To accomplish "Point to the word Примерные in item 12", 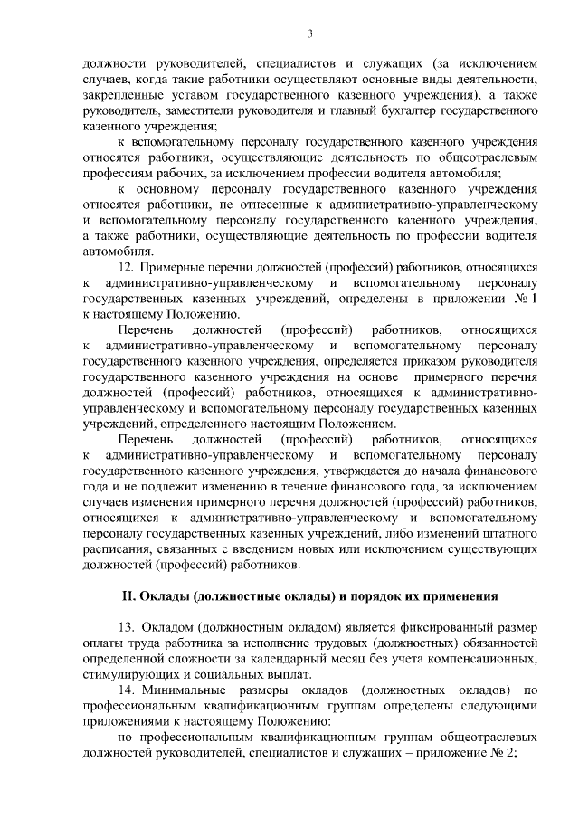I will point(176,268).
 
